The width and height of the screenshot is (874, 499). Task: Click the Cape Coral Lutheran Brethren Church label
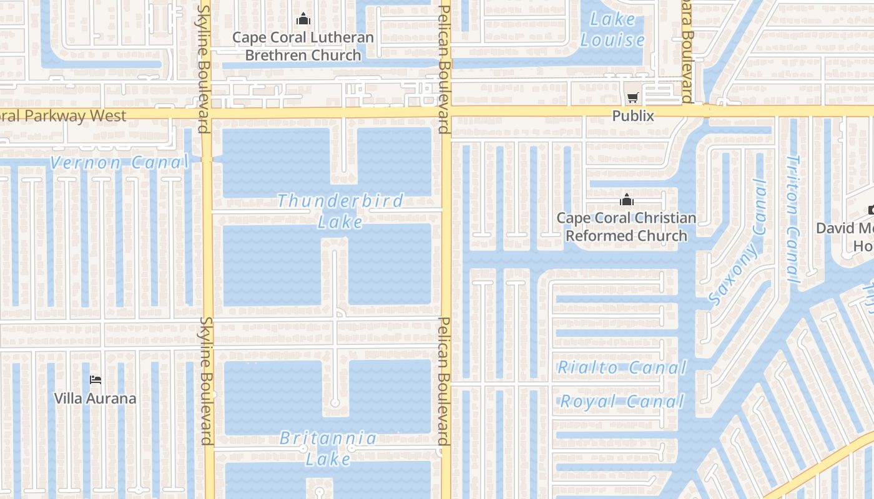coord(303,46)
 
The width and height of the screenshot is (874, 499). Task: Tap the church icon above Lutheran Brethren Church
coord(303,19)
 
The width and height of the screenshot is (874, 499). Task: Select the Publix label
coord(633,115)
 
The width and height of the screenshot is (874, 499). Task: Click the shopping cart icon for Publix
coord(633,97)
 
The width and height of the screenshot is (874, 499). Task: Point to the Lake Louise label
coord(612,30)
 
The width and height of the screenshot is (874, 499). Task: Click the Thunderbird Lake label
coord(340,211)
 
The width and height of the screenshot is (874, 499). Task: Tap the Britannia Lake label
coord(328,448)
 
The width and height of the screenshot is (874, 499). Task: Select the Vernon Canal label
coord(119,163)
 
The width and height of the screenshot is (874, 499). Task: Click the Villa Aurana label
coord(95,398)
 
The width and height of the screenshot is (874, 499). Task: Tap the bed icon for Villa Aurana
coord(95,379)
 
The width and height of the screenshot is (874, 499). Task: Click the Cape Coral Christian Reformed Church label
coord(626,226)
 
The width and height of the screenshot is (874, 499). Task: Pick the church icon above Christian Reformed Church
coord(626,200)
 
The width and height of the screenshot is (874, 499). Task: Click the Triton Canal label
coord(792,218)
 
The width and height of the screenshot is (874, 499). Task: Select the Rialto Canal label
coord(622,367)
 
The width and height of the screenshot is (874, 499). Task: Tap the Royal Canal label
coord(622,401)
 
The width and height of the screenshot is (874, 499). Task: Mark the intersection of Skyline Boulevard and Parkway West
coord(207,113)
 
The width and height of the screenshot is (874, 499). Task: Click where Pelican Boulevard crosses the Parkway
coord(445,112)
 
